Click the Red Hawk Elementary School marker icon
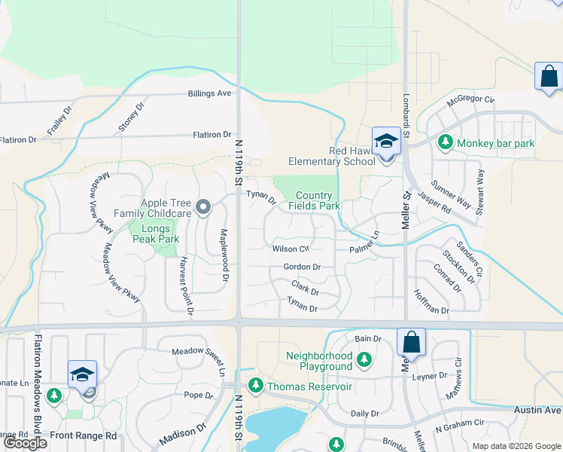pos(385,142)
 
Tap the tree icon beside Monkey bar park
pos(446,142)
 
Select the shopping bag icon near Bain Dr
pos(411,343)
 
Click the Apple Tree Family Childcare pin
pos(202,206)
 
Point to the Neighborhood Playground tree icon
pos(364,360)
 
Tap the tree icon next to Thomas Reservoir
pos(256,386)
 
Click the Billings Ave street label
pos(209,93)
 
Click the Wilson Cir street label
pos(291,249)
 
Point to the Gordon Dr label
pos(302,267)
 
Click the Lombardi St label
pos(406,110)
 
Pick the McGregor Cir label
pos(470,99)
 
